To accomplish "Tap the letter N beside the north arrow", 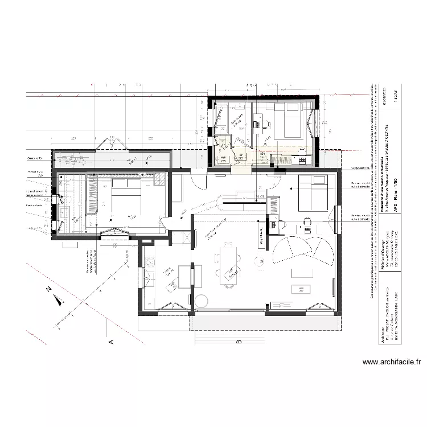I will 50,289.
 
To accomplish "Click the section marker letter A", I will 112,342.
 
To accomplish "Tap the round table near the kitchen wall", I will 202,300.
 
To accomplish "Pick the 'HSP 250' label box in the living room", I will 301,289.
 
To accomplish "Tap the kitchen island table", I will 186,279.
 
